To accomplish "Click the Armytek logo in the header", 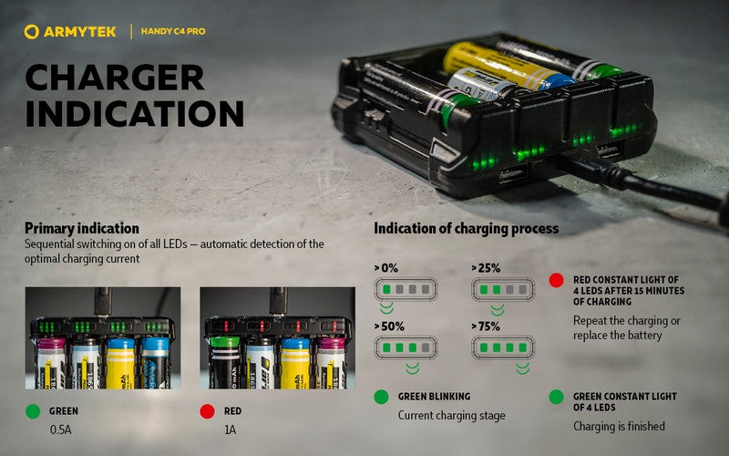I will (x=72, y=32).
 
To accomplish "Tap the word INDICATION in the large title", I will (x=134, y=114).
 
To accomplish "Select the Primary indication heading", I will (x=82, y=228).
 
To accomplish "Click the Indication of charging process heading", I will (x=466, y=228).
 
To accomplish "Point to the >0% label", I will (x=387, y=268).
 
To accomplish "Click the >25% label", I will (x=486, y=268).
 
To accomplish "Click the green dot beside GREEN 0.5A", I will (x=34, y=411).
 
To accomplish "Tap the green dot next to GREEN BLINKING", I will (x=381, y=398).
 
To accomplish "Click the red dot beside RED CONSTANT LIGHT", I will (x=556, y=280).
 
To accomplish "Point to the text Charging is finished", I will (x=619, y=426).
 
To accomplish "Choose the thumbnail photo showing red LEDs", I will (x=277, y=338).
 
